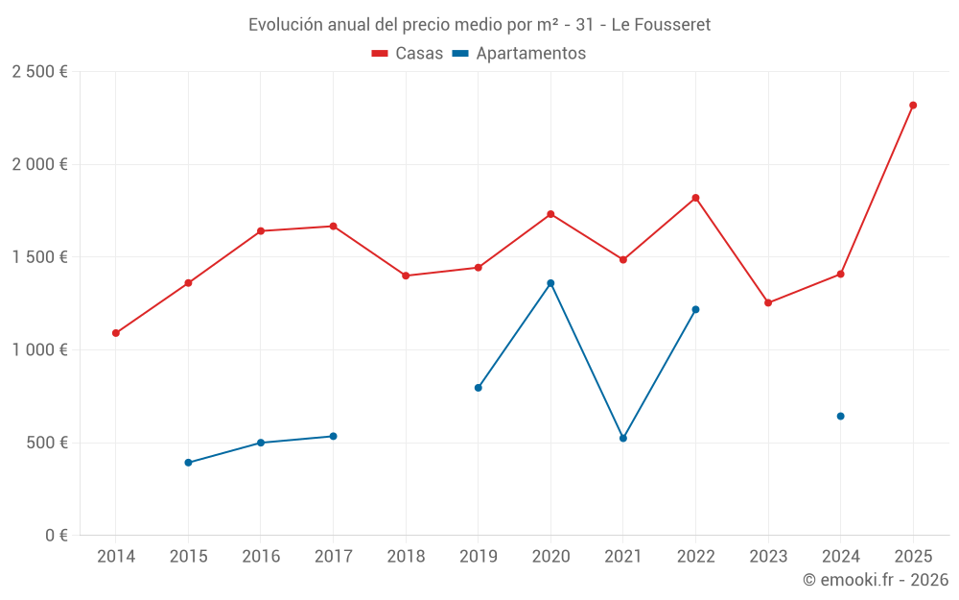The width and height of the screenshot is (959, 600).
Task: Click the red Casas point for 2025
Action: point(913,106)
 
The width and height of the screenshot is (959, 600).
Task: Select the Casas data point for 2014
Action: point(116,333)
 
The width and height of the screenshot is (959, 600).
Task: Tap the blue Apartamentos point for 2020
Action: point(550,283)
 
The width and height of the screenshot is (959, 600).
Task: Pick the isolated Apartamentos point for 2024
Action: point(840,416)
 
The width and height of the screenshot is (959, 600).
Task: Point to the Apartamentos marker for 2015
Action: point(188,463)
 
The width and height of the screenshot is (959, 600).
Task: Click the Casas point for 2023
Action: point(768,302)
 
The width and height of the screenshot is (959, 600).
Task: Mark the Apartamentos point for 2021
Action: point(623,438)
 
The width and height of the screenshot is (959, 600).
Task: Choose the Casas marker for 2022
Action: point(695,198)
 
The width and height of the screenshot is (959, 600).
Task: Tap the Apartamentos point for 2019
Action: point(478,388)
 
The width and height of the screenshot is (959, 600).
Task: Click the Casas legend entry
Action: point(408,54)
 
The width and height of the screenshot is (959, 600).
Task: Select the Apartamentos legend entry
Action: point(519,54)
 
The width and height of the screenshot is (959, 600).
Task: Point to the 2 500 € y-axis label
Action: point(39,72)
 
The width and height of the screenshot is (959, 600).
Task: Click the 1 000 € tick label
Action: point(39,350)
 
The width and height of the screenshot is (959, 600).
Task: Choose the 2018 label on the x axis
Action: point(406,557)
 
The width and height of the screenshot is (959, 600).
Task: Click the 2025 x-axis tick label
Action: point(913,557)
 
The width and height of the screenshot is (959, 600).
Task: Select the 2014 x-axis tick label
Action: point(116,557)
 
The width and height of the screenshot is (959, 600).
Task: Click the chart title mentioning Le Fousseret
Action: point(479,25)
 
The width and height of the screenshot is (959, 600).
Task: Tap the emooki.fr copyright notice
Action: point(875,580)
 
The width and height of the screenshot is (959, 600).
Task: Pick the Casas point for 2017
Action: point(333,227)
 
